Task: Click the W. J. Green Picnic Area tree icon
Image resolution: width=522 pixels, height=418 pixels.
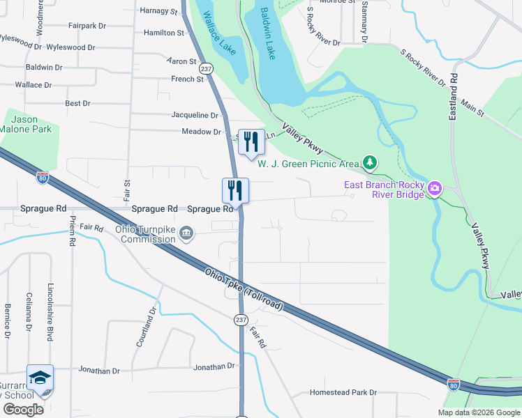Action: (370, 164)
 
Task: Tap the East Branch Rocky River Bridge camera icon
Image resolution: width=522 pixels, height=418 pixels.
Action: (435, 188)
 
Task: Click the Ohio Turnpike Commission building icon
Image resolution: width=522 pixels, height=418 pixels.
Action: (187, 233)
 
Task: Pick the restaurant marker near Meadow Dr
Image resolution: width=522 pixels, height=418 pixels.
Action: (250, 142)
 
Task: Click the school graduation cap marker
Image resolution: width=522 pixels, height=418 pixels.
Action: (40, 378)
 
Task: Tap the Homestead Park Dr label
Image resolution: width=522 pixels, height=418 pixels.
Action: (343, 392)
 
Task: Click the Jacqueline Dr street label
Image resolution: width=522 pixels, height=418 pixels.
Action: (195, 115)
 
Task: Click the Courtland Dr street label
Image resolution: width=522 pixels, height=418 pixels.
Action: (146, 327)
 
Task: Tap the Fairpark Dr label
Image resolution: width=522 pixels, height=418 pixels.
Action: (87, 26)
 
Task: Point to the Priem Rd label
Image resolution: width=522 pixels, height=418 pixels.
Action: (72, 231)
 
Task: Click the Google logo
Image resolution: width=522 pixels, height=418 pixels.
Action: (23, 409)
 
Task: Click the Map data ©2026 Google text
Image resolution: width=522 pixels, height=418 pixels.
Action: (479, 412)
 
